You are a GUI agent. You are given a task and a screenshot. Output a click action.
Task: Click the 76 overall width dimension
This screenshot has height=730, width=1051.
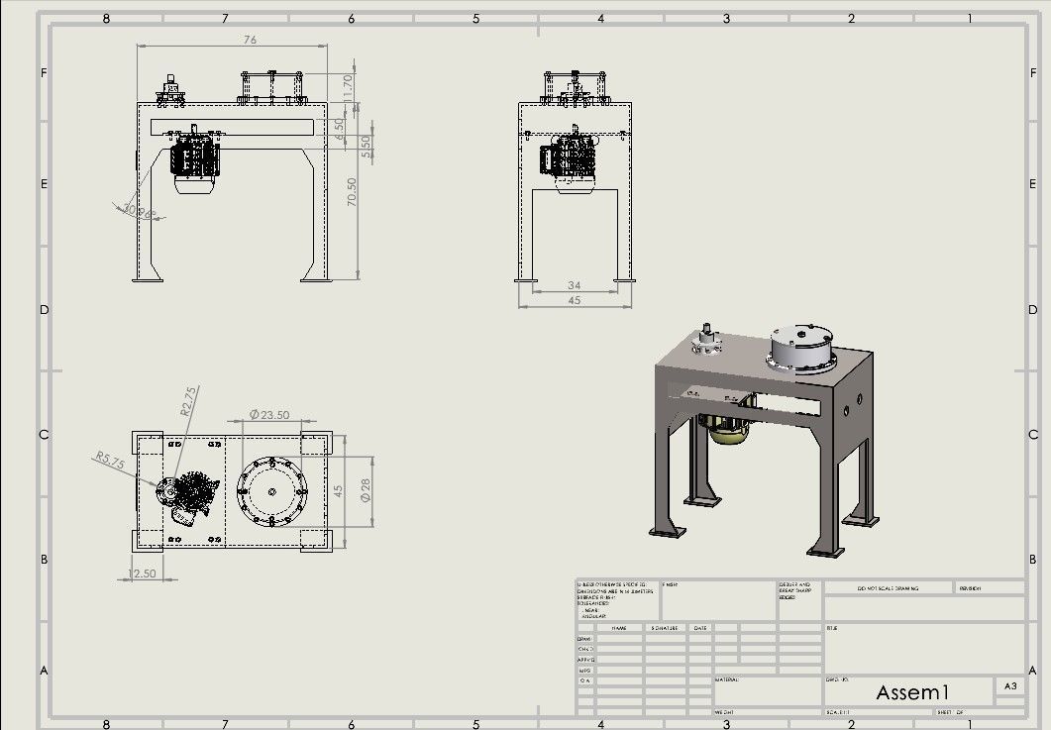pos(250,40)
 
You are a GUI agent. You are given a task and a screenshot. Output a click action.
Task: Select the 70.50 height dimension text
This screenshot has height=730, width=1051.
pos(350,191)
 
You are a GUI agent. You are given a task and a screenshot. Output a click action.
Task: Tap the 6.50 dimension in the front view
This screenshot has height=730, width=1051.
pos(339,128)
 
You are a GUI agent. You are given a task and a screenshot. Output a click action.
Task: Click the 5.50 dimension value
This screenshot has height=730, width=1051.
pos(364,147)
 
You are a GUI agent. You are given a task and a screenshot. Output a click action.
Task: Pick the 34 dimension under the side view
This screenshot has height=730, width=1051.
pos(574,285)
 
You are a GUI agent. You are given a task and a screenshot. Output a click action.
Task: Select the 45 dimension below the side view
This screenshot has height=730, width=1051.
pos(574,300)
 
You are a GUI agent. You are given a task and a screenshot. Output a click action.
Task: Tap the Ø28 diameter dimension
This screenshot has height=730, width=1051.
pos(365,489)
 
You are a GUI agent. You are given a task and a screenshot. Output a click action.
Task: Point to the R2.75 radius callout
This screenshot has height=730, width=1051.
pos(187,400)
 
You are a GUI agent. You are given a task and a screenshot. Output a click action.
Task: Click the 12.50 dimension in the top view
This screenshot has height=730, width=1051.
pos(143,574)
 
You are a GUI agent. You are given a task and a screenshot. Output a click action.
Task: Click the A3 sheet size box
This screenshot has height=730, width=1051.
pos(1009,685)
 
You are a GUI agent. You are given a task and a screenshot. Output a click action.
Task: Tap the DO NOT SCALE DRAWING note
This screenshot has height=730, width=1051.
pos(888,588)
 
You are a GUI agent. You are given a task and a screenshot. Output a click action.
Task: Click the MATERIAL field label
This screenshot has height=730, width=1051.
pos(726,679)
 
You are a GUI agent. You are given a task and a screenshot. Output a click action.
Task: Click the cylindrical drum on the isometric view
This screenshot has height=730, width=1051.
pos(803,348)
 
